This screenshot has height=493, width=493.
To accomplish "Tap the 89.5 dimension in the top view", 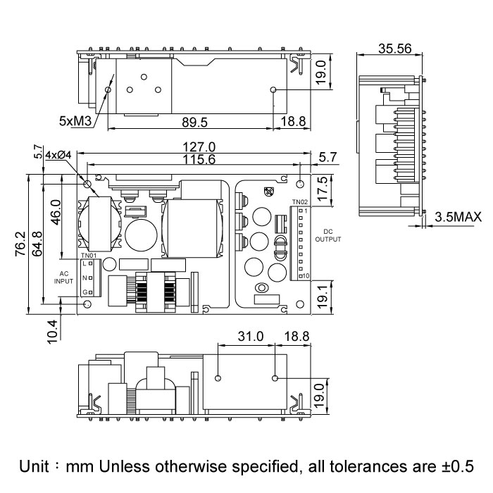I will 194,122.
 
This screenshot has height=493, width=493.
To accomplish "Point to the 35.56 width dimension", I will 394,49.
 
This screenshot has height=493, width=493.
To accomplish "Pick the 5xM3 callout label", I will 76,122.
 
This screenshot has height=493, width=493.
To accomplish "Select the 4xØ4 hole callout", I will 57,154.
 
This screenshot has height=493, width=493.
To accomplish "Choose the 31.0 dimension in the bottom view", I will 250,337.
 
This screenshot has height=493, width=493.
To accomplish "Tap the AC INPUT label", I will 64,276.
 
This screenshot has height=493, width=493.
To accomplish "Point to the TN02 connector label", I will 300,202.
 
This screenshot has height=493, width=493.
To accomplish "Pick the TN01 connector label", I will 88,255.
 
